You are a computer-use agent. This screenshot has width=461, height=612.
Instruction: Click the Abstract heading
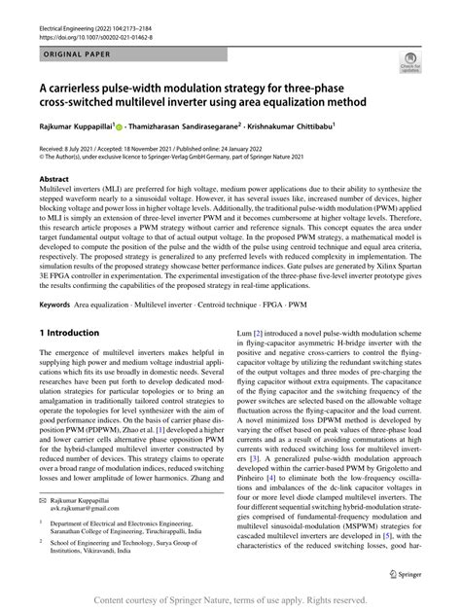tap(53, 180)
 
